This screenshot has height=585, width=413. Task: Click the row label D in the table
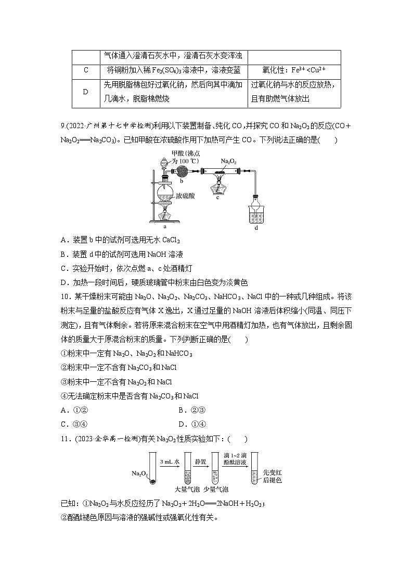point(86,92)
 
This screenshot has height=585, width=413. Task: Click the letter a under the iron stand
point(165,227)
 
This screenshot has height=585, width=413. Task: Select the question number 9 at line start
point(63,125)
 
